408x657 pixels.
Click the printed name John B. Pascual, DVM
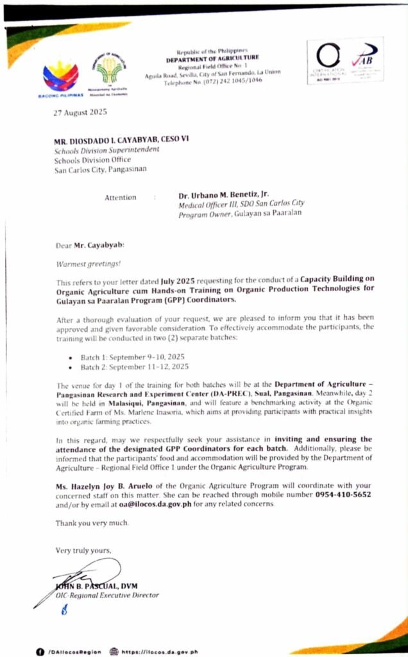click(x=96, y=585)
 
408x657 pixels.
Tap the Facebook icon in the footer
click(x=39, y=651)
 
